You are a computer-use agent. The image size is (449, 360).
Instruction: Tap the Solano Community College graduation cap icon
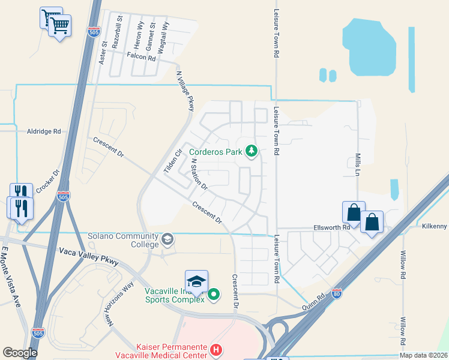click(167, 240)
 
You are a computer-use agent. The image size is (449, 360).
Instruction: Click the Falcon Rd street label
click(141, 58)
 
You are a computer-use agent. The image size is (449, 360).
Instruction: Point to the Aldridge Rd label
click(44, 131)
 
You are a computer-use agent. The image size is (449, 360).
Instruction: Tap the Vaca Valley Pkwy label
click(89, 256)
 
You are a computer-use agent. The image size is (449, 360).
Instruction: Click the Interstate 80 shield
click(337, 293)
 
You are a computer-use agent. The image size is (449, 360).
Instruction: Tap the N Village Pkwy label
click(185, 91)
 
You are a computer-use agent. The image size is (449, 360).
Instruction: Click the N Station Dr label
click(199, 175)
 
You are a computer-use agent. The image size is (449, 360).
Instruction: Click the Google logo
click(20, 353)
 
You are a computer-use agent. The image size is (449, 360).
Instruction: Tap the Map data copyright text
click(423, 355)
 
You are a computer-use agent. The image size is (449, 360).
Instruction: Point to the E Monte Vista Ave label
click(12, 276)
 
